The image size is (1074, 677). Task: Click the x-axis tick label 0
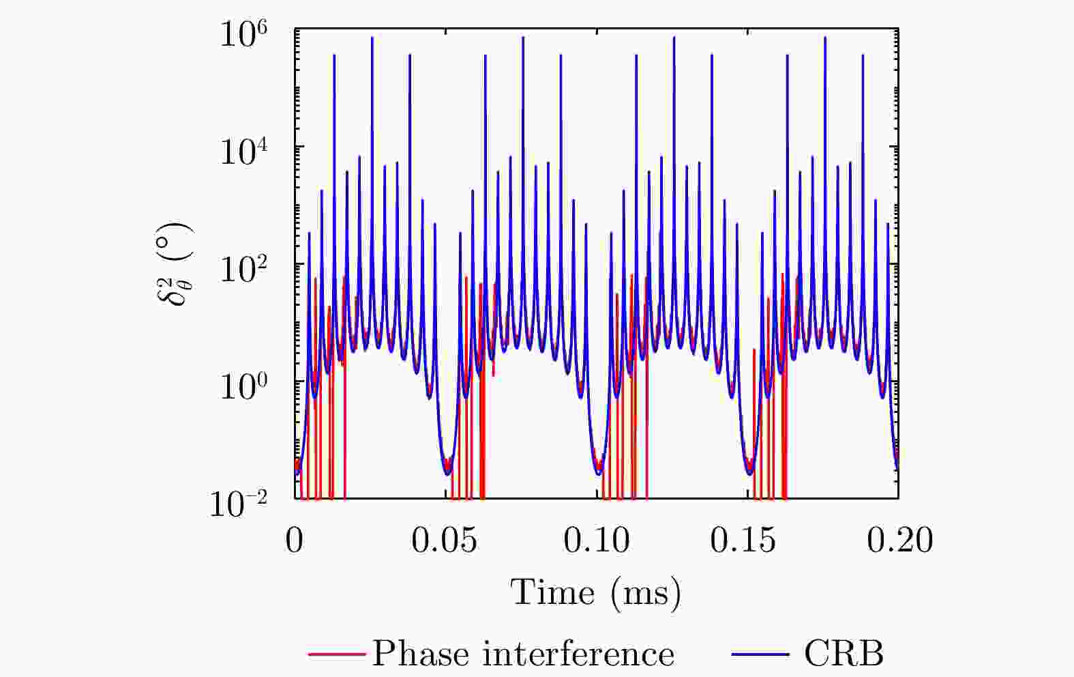point(295,540)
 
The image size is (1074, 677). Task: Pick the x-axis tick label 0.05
point(444,540)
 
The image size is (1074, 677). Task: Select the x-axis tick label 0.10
point(596,540)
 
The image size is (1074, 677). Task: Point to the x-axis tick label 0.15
point(747,540)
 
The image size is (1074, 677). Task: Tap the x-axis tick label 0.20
point(899,540)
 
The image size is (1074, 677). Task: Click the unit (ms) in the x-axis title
point(646,592)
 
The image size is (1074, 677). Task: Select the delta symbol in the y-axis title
point(177,291)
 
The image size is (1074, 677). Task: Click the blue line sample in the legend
point(760,654)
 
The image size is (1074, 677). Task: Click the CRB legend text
point(843,654)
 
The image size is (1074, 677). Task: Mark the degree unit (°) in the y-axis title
point(177,243)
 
